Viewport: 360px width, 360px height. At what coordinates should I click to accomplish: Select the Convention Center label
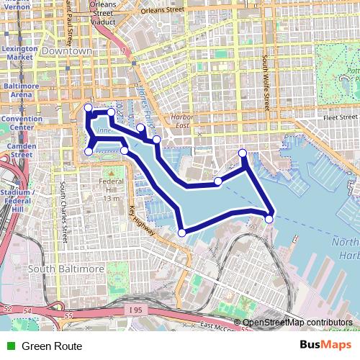[x=20, y=122]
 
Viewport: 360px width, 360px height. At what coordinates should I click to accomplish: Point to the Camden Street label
[x=20, y=150]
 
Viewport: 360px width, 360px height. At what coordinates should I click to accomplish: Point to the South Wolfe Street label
[x=265, y=79]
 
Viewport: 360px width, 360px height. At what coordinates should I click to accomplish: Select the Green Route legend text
[x=52, y=346]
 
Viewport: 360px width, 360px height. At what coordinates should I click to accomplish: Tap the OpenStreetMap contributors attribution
[x=297, y=322]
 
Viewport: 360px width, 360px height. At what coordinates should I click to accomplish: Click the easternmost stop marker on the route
[x=269, y=218]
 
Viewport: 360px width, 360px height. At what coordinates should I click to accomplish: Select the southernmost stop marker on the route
[x=182, y=232]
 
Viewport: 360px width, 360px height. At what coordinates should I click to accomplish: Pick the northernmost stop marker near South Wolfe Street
[x=243, y=153]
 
